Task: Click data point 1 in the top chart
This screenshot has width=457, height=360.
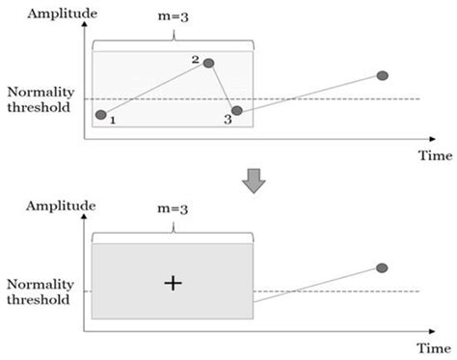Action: tap(101, 115)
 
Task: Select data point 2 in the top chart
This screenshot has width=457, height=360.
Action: tap(208, 64)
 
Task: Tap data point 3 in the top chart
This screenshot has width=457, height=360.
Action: tap(237, 111)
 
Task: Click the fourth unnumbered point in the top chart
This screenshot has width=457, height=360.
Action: tap(383, 75)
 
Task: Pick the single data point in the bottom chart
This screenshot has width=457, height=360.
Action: tap(382, 266)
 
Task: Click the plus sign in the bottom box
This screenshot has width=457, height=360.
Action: tap(173, 283)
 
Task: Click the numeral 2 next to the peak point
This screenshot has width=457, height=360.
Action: tap(195, 60)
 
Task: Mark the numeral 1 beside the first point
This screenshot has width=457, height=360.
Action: tap(113, 121)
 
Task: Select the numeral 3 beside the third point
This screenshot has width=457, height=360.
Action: tap(228, 120)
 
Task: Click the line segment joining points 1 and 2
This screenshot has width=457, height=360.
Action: tap(154, 89)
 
